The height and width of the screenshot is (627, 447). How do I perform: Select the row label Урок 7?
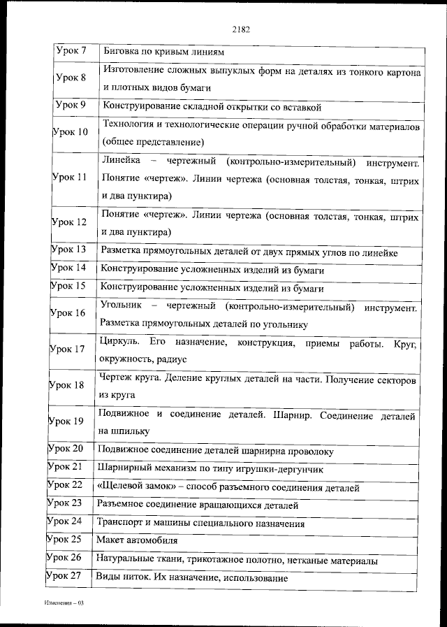click(70, 52)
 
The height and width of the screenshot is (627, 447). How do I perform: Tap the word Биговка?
click(122, 52)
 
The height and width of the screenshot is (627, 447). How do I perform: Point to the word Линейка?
click(120, 162)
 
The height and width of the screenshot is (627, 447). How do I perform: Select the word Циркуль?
click(119, 343)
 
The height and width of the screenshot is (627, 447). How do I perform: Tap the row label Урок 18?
click(67, 385)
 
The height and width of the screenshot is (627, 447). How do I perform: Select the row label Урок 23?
click(64, 503)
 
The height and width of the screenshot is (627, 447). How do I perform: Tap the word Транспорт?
click(122, 522)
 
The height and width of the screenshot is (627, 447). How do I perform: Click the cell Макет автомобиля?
click(138, 540)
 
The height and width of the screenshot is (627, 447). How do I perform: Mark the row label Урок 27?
click(64, 576)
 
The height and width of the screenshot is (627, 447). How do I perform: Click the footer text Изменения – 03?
click(64, 602)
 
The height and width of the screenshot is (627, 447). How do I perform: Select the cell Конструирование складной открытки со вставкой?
click(211, 108)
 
